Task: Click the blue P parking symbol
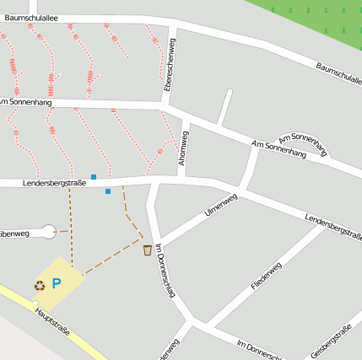pyautogui.click(x=57, y=283)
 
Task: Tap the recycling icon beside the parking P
pyautogui.click(x=40, y=285)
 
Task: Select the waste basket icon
pyautogui.click(x=148, y=250)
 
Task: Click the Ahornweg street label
pyautogui.click(x=183, y=148)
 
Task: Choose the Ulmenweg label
pyautogui.click(x=222, y=205)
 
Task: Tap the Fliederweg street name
pyautogui.click(x=266, y=277)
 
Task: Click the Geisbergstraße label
pyautogui.click(x=331, y=341)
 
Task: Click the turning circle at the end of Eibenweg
pyautogui.click(x=49, y=229)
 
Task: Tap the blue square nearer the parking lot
pyautogui.click(x=108, y=191)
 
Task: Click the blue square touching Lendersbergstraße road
pyautogui.click(x=94, y=177)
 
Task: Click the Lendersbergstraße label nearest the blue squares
pyautogui.click(x=55, y=183)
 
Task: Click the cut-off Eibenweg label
pyautogui.click(x=15, y=234)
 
